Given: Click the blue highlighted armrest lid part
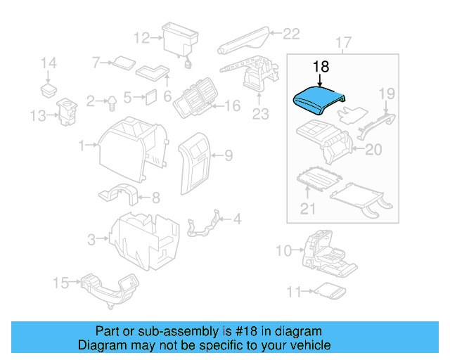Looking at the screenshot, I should (x=316, y=101).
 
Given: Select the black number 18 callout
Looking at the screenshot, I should (x=321, y=67).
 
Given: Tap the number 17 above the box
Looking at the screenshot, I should (x=342, y=43).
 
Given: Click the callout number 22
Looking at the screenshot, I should (x=291, y=32).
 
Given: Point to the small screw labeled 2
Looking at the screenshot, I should (x=110, y=103).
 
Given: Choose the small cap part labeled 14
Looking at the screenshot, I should (x=49, y=90).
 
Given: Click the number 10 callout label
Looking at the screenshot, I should (x=283, y=251).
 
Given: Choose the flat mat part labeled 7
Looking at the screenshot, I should (x=124, y=63).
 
